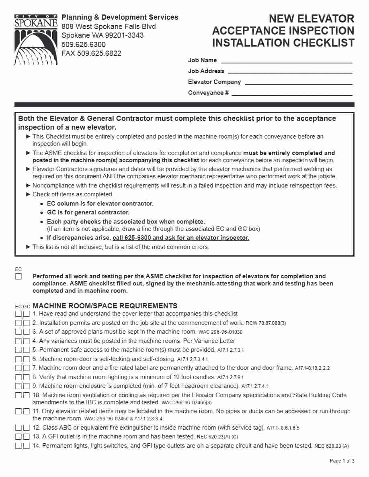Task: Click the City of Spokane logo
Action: click(36, 40)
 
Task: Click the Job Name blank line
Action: click(287, 61)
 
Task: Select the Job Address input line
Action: click(290, 71)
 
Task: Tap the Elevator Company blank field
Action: click(298, 82)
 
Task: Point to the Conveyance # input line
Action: click(292, 93)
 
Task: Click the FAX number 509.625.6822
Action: click(91, 53)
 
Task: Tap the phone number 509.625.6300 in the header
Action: click(84, 45)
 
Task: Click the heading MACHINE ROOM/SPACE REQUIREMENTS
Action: click(105, 306)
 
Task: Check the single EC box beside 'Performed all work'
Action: click(18, 277)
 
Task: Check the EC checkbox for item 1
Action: click(18, 314)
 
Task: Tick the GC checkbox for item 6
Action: click(27, 359)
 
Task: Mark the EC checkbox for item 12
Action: click(18, 428)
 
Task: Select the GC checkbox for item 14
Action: click(27, 446)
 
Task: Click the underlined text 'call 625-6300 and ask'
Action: click(181, 238)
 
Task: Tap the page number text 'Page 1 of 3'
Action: click(342, 461)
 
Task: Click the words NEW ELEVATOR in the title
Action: click(311, 19)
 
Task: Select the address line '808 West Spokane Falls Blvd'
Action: click(109, 26)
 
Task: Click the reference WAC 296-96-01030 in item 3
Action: click(220, 332)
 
